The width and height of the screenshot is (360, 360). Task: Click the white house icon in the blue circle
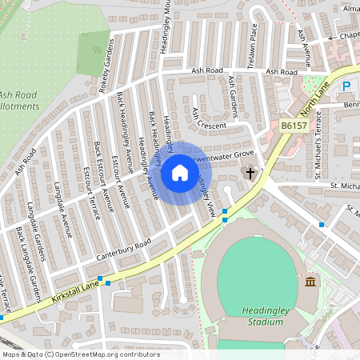180,172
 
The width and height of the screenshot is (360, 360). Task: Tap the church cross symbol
250,173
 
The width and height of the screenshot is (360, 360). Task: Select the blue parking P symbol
347,86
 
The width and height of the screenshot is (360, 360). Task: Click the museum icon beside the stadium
310,281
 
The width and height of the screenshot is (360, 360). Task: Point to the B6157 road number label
294,126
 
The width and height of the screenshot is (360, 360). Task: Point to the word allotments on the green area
20,106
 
